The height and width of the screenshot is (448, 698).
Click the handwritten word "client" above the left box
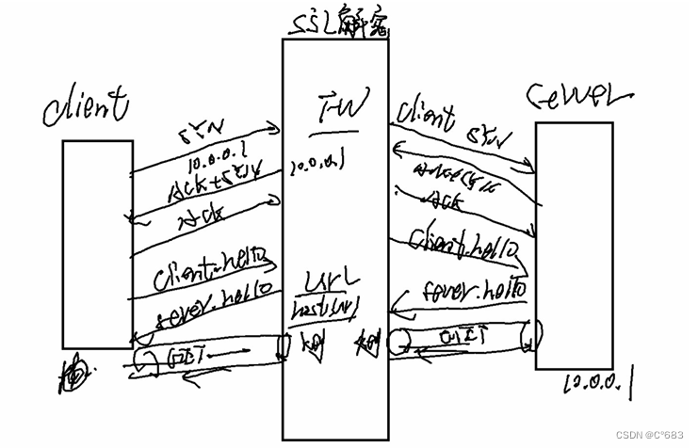click(84, 107)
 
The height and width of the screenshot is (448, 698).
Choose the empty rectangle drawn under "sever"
click(574, 245)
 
